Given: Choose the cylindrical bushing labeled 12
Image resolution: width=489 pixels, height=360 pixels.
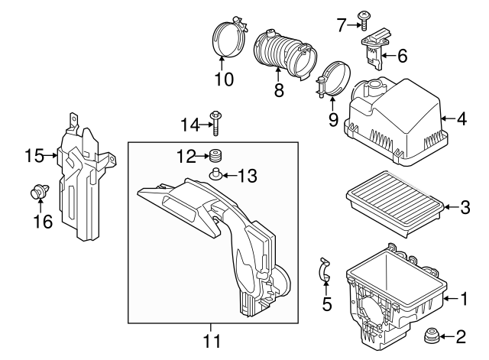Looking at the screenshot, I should [216, 157].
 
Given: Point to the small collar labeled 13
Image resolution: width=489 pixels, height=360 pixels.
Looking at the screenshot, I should [216, 175].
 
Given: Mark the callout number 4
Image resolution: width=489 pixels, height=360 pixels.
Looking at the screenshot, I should [461, 118].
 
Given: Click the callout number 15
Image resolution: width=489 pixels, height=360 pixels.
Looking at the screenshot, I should [32, 155].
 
